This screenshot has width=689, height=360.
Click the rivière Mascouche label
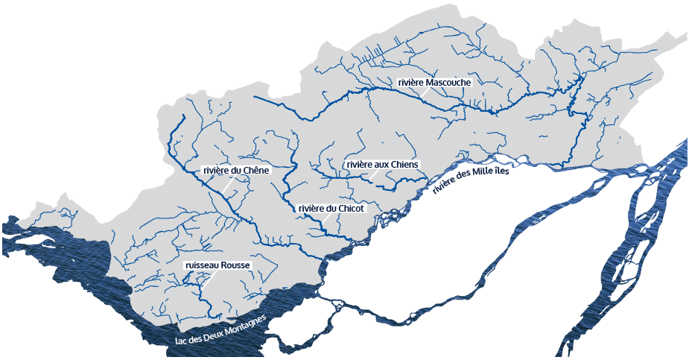click(x=434, y=82)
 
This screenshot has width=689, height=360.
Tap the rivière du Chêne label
click(x=235, y=171)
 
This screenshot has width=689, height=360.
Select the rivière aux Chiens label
click(x=383, y=164)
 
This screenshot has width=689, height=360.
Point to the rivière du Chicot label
click(x=331, y=209)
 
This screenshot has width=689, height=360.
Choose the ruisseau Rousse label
click(x=218, y=265)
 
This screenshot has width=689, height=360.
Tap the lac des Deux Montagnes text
click(x=220, y=328)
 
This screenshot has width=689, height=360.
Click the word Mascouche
click(x=448, y=82)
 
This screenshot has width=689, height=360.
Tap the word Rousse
click(x=236, y=265)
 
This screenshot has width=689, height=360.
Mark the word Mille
click(x=492, y=169)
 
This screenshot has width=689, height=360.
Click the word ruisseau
click(x=201, y=265)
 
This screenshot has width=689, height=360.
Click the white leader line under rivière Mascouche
click(x=425, y=92)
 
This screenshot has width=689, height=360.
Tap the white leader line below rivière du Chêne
click(x=223, y=186)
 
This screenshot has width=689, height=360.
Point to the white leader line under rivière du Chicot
click(x=326, y=219)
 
